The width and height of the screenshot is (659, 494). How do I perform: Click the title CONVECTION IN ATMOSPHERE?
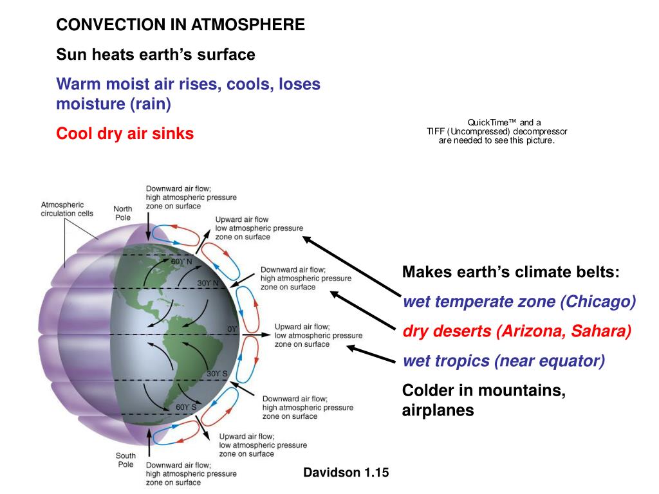pos(181,24)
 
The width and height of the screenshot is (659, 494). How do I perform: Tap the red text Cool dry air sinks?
pos(125,134)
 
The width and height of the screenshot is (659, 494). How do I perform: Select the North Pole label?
pos(123,213)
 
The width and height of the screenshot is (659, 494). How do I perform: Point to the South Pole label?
pos(125,460)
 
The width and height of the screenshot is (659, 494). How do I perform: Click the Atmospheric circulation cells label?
pos(67,209)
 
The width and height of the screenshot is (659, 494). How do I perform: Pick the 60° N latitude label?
pos(181,262)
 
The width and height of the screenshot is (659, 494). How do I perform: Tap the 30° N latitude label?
pos(208,283)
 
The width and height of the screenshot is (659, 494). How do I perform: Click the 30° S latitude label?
pos(217,374)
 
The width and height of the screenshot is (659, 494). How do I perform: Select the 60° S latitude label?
pos(186,407)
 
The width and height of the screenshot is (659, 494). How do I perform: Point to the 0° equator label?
pos(232,329)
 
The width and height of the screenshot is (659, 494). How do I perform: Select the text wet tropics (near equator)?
pos(503,361)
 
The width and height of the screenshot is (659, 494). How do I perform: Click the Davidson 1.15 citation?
pos(346,473)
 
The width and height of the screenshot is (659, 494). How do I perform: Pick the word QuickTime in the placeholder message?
pos(488,123)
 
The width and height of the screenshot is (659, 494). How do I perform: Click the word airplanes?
pos(438,410)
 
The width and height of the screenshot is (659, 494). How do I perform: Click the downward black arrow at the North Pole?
pos(148,226)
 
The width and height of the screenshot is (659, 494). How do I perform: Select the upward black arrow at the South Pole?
pos(149,443)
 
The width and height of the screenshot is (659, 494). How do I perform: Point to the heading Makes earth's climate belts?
pos(510,272)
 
